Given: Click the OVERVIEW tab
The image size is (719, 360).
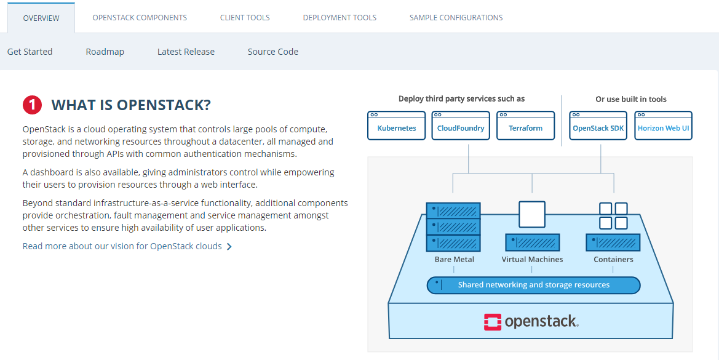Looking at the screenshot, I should [41, 18].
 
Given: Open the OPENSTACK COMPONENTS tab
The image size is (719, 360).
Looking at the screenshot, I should [140, 18].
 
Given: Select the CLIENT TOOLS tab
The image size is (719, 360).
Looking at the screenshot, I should [245, 18].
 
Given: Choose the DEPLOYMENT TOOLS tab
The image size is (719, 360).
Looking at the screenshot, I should [340, 18].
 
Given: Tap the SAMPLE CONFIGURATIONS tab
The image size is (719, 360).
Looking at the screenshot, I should [456, 18].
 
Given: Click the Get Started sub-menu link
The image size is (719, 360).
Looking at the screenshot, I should [30, 52].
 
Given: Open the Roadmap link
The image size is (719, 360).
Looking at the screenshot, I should [105, 52].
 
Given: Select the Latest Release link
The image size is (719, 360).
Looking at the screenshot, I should [186, 52].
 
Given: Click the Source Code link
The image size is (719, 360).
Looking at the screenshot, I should [272, 52].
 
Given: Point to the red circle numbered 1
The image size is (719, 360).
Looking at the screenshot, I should [32, 105].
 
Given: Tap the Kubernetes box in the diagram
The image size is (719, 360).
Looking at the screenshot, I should [397, 128].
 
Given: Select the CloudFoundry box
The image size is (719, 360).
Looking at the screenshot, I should [461, 128].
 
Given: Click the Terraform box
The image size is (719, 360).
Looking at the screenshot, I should [525, 128].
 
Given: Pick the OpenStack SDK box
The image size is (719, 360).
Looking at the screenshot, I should [598, 128].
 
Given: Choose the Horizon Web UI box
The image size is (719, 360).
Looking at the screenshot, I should [663, 128].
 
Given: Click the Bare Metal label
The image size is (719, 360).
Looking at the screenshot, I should [454, 260].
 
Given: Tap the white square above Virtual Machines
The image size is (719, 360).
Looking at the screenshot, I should [532, 215].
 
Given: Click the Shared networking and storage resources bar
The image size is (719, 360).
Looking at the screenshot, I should [533, 285].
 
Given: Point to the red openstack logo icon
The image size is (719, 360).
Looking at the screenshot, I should [492, 322].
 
